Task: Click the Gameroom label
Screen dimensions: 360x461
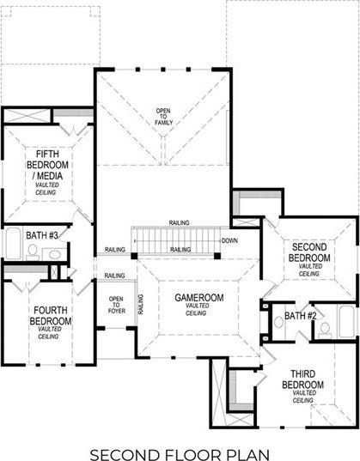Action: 199,298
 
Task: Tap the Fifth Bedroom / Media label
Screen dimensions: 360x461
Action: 47,165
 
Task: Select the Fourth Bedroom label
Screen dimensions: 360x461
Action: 51,315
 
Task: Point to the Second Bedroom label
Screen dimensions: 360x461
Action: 309,252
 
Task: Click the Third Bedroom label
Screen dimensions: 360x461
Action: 303,379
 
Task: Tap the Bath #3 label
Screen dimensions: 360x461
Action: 42,235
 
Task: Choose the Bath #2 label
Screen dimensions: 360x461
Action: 300,316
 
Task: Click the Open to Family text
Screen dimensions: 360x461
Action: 163,117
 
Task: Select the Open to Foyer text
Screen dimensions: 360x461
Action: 116,305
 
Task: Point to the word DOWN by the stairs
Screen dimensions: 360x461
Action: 229,240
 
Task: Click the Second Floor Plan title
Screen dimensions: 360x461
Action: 180,454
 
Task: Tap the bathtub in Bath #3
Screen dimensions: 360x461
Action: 14,244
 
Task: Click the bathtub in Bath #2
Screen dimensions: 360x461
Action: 347,322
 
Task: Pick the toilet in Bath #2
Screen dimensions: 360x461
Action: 325,330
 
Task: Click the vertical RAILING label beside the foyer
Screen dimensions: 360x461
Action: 141,304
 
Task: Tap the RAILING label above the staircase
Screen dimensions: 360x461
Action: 179,223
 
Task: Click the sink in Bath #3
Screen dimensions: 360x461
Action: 55,255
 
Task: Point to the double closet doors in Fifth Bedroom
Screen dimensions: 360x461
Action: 73,130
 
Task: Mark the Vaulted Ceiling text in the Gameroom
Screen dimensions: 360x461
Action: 197,310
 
